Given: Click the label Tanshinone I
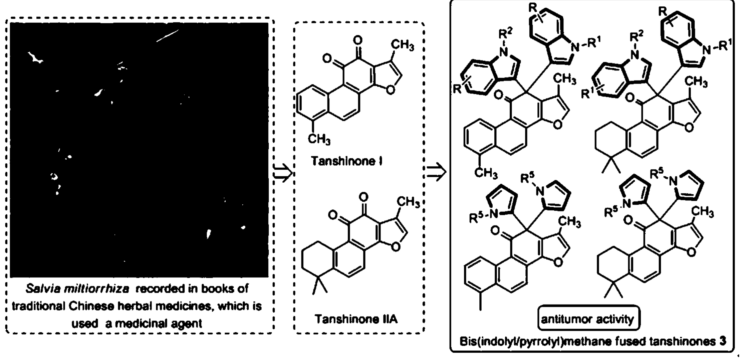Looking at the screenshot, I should coord(346,161).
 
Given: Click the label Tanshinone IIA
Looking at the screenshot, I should coord(356,319).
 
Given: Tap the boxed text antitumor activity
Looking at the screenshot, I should coord(587,319).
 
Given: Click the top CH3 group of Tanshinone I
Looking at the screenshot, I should coord(402,45).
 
